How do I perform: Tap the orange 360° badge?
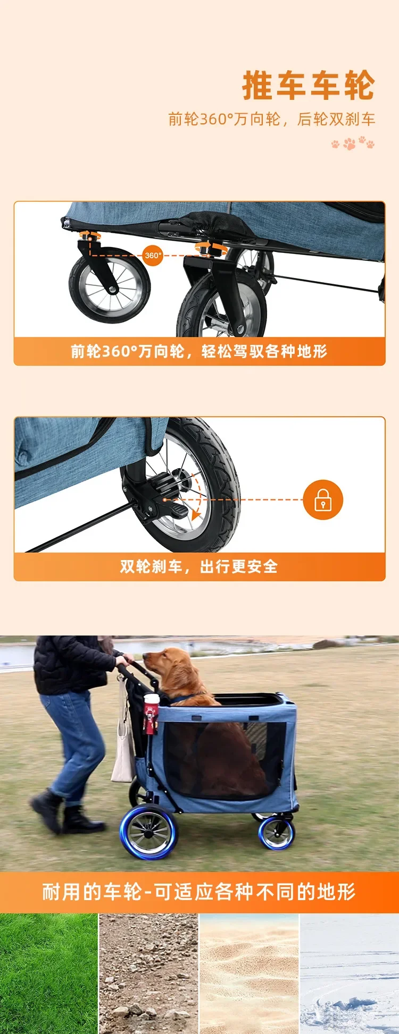click(153, 256)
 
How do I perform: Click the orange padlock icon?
click(323, 500)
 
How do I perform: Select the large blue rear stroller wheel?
click(149, 832)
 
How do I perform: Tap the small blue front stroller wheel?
click(277, 833)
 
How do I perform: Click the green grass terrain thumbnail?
click(49, 974)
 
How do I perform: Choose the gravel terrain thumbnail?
click(148, 974)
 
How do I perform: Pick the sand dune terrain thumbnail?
click(249, 974)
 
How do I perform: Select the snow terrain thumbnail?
click(350, 974)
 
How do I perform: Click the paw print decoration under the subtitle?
click(353, 143)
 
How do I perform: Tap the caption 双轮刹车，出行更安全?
click(199, 566)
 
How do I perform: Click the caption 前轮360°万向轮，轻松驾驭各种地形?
click(199, 351)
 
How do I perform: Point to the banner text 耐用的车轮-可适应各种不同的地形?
click(199, 892)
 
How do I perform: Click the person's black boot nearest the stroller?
click(82, 820)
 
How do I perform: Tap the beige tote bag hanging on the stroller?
click(123, 744)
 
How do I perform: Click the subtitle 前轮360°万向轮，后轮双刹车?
click(272, 119)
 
